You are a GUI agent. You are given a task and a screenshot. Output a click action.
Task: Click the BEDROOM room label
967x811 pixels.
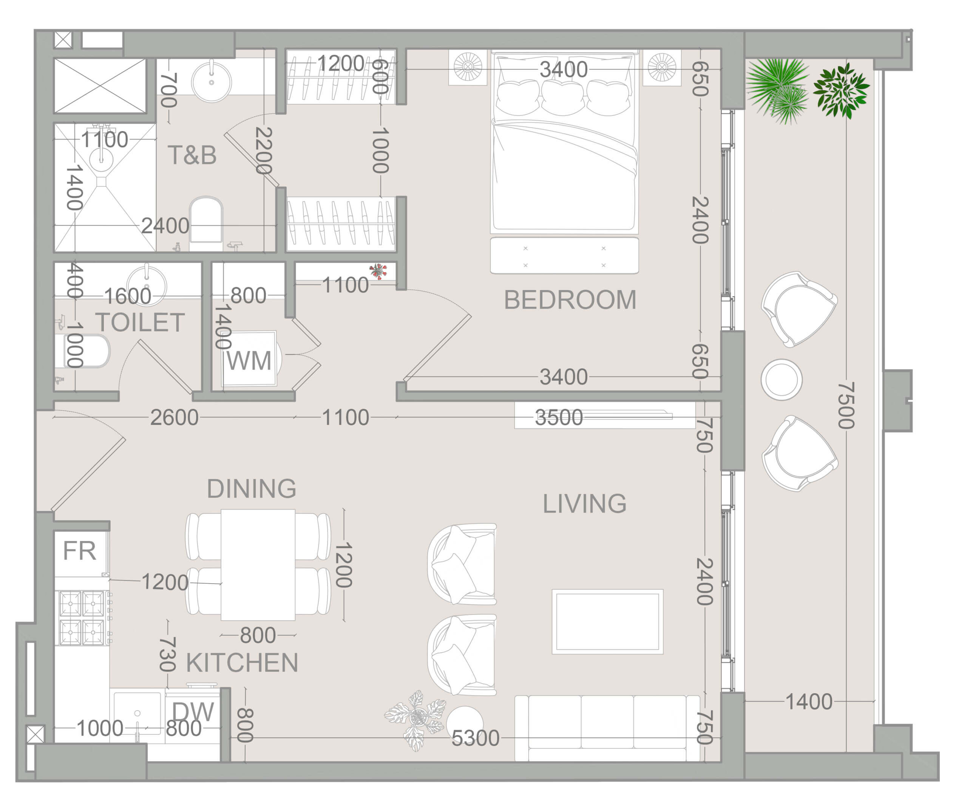coord(570,300)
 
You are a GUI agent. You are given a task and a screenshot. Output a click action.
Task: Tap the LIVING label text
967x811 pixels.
coord(584,504)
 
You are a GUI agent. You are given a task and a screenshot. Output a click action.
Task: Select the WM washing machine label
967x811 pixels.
coord(249,361)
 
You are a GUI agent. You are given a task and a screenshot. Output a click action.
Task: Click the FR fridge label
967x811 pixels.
coord(79,551)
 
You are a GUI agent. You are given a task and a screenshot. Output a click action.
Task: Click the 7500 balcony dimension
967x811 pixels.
coord(847,405)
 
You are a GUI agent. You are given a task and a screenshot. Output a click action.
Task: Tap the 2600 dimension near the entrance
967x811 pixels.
coord(174,418)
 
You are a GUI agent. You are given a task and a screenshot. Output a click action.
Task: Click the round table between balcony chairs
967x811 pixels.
coord(782,380)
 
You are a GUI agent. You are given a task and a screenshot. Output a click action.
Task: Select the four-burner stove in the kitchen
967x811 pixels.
coord(82,618)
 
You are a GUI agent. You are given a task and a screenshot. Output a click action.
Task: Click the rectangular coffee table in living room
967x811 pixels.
coord(607,622)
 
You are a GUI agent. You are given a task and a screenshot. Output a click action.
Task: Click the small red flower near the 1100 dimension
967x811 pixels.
coord(378,271)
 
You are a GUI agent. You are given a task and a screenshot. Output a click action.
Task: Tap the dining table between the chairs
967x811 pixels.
coord(258,565)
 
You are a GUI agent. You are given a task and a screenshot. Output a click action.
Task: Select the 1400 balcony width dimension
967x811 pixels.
coord(809,702)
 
